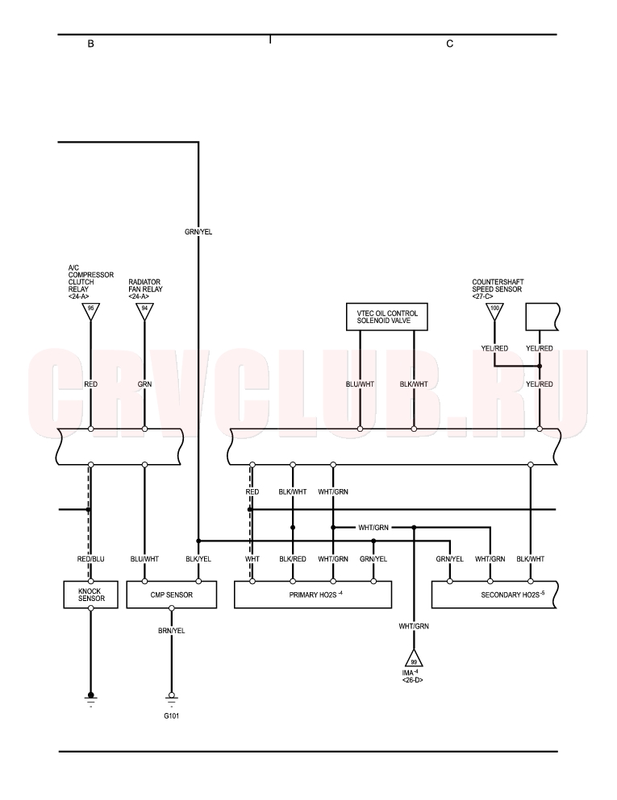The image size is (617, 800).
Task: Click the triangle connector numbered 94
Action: click(x=144, y=311)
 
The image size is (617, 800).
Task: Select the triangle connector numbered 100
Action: click(x=494, y=311)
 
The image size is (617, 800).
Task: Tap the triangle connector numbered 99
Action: click(x=414, y=659)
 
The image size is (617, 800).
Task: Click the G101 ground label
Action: click(x=172, y=716)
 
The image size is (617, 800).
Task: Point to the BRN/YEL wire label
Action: click(x=172, y=631)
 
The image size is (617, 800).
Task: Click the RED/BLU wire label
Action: click(x=91, y=559)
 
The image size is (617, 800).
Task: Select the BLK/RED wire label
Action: click(x=293, y=559)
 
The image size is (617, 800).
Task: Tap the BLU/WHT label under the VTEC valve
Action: click(x=360, y=384)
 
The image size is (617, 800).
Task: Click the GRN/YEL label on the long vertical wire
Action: click(x=198, y=232)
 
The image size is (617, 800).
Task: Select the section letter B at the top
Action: click(x=91, y=44)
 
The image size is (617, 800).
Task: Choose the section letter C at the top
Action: click(x=450, y=44)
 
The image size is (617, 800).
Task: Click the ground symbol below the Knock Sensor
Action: click(x=91, y=698)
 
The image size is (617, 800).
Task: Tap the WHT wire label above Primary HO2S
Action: click(x=252, y=559)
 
